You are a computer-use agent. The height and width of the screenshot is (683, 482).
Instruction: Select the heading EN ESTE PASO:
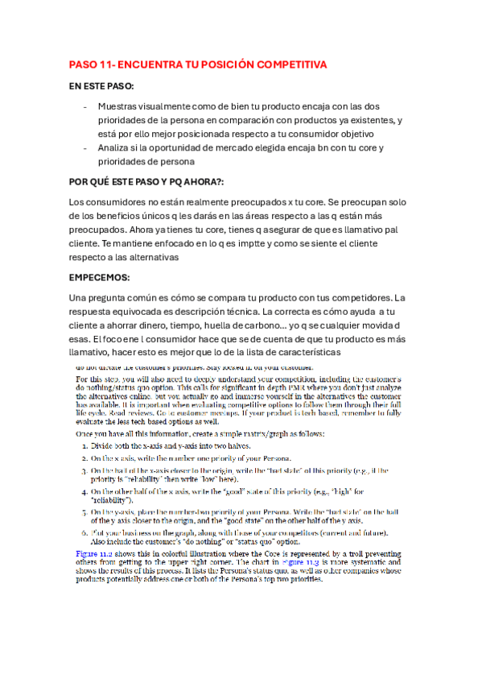(101, 85)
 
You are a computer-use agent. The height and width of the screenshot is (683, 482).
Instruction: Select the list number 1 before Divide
(86, 445)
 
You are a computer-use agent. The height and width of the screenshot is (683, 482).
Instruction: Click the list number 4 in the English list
(86, 490)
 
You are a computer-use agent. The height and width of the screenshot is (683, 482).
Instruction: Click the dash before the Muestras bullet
(86, 106)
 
